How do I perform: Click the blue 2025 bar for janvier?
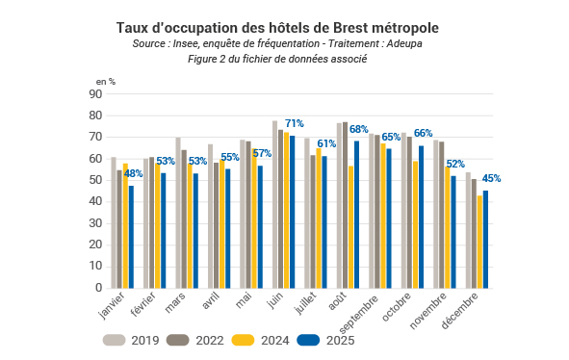[x=131, y=237]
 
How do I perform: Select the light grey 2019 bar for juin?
[x=274, y=205]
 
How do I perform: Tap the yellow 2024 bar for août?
[x=350, y=227]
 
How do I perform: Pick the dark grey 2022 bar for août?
[x=345, y=205]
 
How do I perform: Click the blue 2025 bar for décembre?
[x=485, y=240]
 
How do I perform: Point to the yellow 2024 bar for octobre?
[x=415, y=224]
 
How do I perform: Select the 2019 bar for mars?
[x=178, y=213]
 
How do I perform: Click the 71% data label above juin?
[x=295, y=124]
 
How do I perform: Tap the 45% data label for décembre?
[x=491, y=178]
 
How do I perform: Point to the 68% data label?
[x=359, y=129]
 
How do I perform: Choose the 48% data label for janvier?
[x=133, y=174]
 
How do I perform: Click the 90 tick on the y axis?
[x=95, y=94]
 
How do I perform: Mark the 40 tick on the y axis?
[x=95, y=201]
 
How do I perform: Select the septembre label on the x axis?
[x=358, y=314]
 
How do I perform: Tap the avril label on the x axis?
[x=211, y=300]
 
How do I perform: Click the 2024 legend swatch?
[x=243, y=340]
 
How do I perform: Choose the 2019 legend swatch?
[x=114, y=340]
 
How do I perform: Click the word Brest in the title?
[x=350, y=28]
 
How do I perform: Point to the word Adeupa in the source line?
[x=404, y=44]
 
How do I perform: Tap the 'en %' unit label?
[x=106, y=82]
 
